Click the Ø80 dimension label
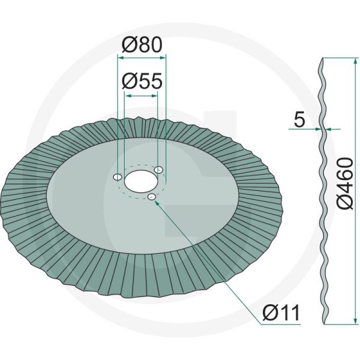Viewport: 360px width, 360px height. point(142,46)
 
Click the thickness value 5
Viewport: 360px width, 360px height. point(299,119)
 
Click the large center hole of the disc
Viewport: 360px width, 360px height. point(139,179)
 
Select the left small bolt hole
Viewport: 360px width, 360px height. point(118,178)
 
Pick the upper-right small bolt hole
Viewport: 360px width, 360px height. point(158,170)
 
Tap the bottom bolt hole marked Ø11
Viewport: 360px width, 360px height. point(151,197)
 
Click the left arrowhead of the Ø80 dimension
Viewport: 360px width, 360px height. point(119,58)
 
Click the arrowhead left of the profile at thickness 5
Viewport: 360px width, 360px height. point(316,128)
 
